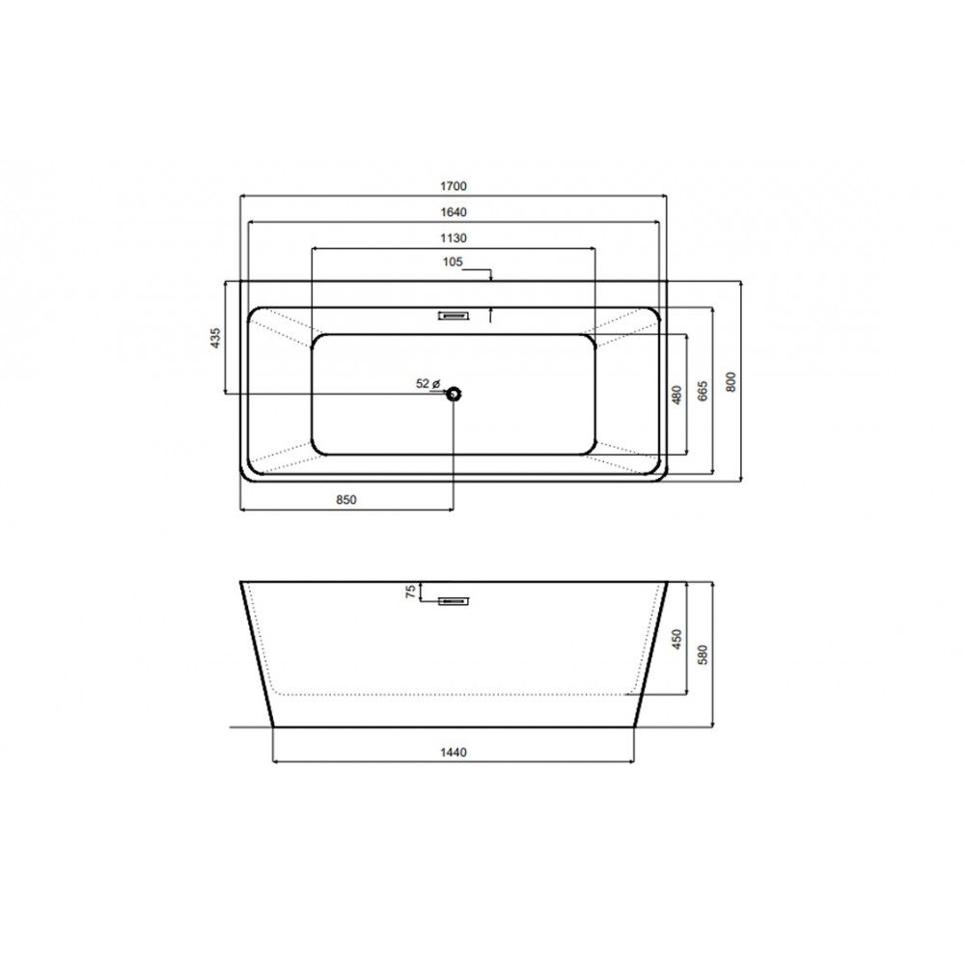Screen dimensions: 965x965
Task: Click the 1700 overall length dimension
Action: click(453, 186)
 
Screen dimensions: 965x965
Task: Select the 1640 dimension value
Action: click(453, 211)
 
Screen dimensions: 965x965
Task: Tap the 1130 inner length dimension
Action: click(453, 237)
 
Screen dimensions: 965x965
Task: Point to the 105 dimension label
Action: click(453, 262)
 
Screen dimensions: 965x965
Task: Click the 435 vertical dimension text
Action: click(215, 338)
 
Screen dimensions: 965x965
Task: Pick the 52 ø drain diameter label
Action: click(428, 383)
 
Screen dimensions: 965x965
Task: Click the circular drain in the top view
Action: click(454, 393)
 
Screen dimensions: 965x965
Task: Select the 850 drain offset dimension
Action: click(346, 500)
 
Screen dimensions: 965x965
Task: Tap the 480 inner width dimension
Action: click(677, 395)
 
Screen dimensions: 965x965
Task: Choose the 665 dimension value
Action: click(703, 391)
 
